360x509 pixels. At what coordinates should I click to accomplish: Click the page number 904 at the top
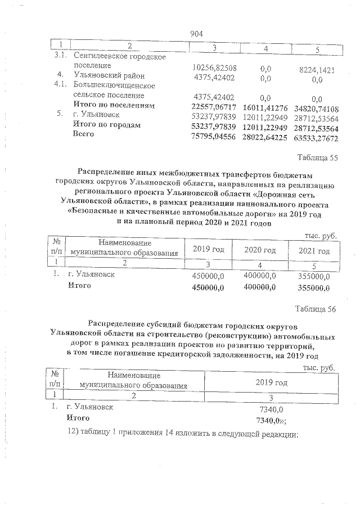coord(197,34)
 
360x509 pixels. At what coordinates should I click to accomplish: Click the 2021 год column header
coord(314,250)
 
